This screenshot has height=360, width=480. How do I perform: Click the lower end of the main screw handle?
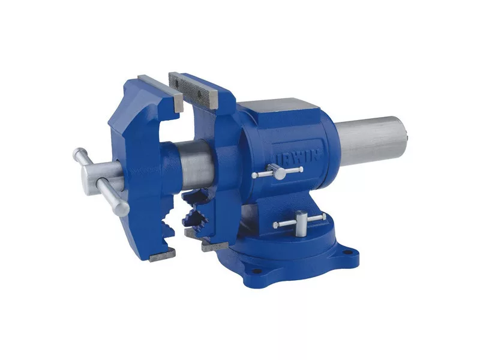(x=122, y=209)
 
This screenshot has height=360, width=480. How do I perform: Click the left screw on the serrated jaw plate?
(x=176, y=83)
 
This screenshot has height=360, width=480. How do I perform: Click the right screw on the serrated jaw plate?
(x=199, y=93)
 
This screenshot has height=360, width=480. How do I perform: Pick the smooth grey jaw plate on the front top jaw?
(x=161, y=93)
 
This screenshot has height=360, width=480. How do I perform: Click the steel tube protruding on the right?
(x=372, y=142)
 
